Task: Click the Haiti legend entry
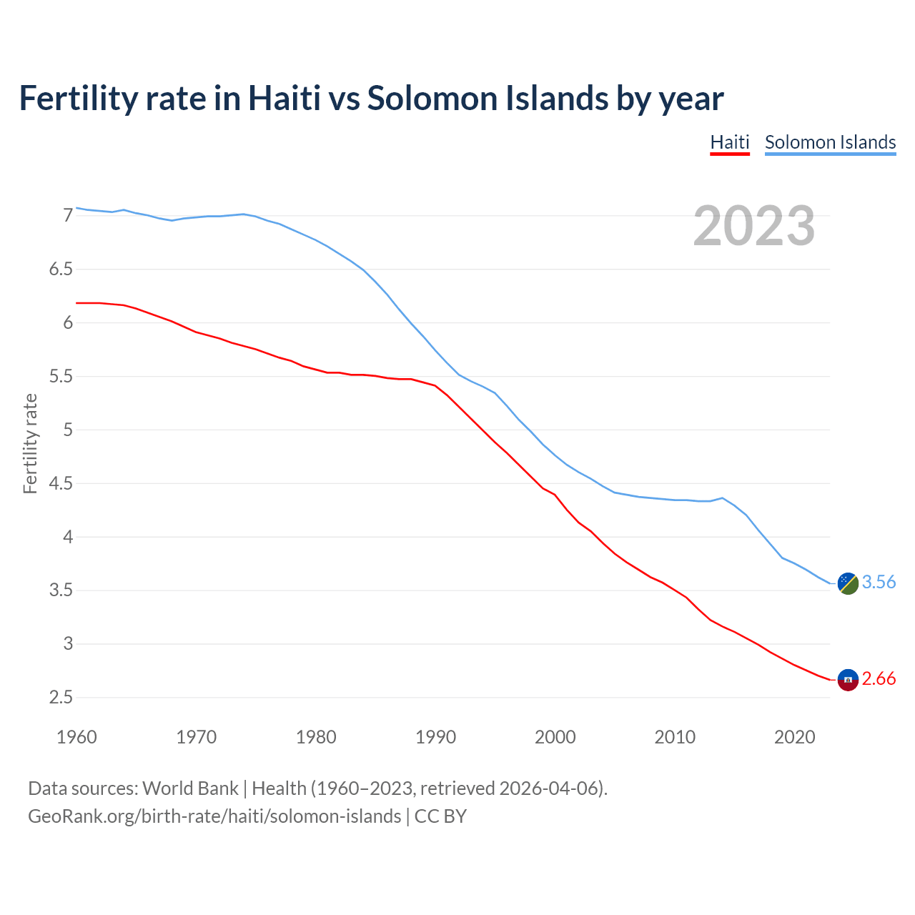pyautogui.click(x=729, y=142)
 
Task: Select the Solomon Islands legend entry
pyautogui.click(x=830, y=142)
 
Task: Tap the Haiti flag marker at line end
pyautogui.click(x=848, y=680)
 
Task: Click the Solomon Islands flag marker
pyautogui.click(x=848, y=583)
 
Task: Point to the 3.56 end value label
pyautogui.click(x=879, y=582)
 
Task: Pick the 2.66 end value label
pyautogui.click(x=879, y=678)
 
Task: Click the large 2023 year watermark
pyautogui.click(x=754, y=226)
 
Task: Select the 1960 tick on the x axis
pyautogui.click(x=76, y=737)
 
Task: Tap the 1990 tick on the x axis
pyautogui.click(x=435, y=737)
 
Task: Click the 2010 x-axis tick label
pyautogui.click(x=675, y=737)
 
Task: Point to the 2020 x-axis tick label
pyautogui.click(x=794, y=737)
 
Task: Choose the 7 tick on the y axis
pyautogui.click(x=68, y=215)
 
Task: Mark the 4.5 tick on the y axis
pyautogui.click(x=61, y=483)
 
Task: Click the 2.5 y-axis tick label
pyautogui.click(x=61, y=697)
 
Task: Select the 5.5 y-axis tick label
pyautogui.click(x=61, y=376)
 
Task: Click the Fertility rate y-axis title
pyautogui.click(x=30, y=443)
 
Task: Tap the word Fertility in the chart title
pyautogui.click(x=78, y=98)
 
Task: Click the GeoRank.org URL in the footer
pyautogui.click(x=214, y=816)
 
